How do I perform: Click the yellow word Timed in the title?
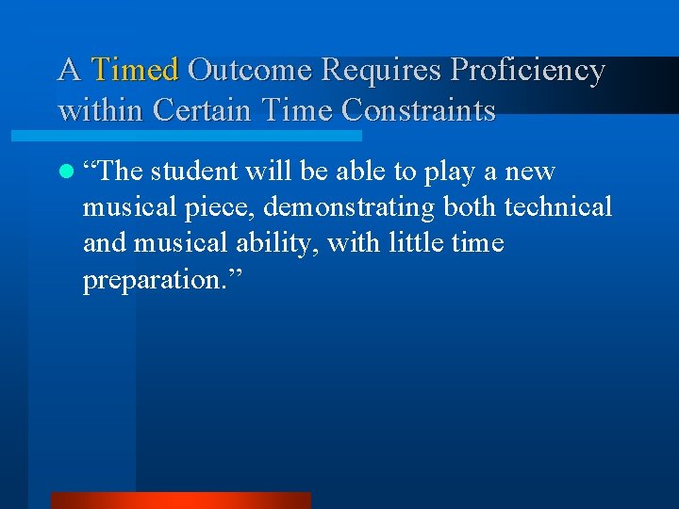(x=136, y=70)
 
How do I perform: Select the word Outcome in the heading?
(x=250, y=70)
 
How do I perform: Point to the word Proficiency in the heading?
(x=528, y=71)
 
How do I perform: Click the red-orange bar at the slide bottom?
(x=179, y=501)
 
